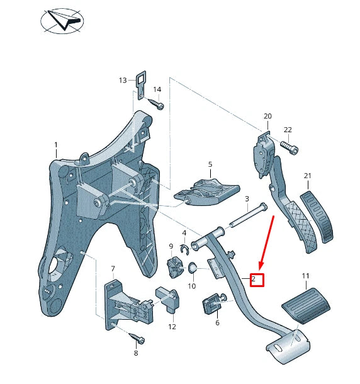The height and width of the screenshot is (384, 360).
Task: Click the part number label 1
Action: click(x=55, y=145)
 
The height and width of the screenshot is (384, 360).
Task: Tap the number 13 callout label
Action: click(x=123, y=80)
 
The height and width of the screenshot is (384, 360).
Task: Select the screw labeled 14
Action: click(x=157, y=105)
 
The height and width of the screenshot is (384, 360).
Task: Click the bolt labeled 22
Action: click(x=292, y=150)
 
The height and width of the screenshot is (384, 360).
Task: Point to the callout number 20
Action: click(x=267, y=116)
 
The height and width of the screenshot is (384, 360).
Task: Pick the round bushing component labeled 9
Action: click(x=173, y=265)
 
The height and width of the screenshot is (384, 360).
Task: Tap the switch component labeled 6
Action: click(x=211, y=306)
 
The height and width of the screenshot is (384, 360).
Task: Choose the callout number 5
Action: click(x=210, y=164)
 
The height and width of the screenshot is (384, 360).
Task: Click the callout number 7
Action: click(x=113, y=269)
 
